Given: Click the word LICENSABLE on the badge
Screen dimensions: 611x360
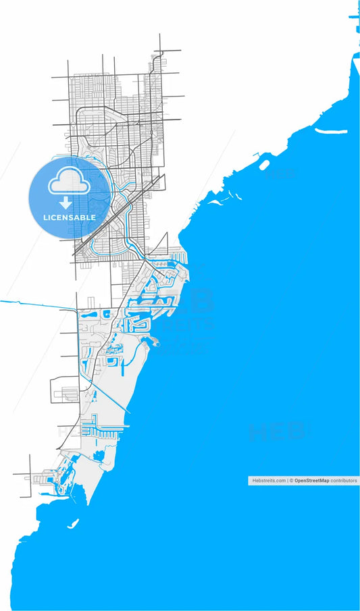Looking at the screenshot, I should click(x=70, y=217).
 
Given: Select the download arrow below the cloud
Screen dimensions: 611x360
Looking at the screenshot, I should click(x=66, y=203).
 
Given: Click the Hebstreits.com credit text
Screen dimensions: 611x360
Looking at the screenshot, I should click(x=268, y=480).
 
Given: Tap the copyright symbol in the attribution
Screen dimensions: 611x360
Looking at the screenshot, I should click(x=289, y=480).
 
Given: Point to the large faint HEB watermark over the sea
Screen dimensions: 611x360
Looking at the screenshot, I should click(x=277, y=430).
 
